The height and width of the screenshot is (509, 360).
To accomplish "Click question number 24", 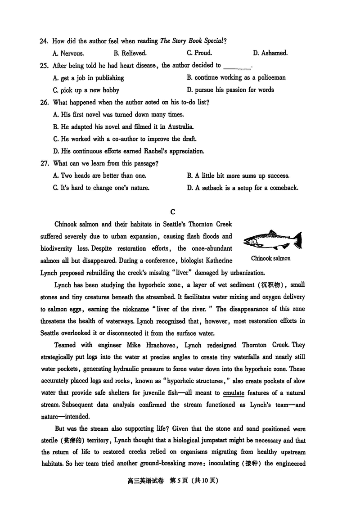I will point(44,41).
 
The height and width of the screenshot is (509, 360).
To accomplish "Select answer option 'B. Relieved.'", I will point(130,53).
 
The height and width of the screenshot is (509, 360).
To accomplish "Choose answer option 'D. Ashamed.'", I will point(270,53).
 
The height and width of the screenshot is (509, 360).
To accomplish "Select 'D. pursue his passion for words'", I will point(230,90).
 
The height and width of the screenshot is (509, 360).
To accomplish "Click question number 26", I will point(44,102).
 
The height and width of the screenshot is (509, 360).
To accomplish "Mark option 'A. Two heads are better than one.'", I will point(99,176).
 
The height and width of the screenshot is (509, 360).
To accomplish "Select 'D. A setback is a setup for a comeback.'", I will point(243,188).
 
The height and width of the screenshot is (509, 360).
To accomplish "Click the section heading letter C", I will point(173,212).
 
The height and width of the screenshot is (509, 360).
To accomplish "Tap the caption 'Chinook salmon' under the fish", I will point(270,258).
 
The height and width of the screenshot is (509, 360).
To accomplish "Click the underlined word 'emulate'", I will point(233,392).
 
